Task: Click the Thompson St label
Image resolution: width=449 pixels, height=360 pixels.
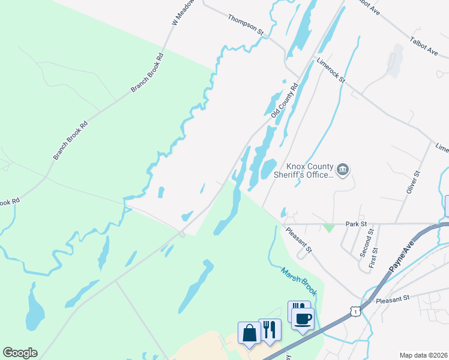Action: tap(246, 24)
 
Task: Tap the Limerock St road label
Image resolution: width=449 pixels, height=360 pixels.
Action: tap(331, 70)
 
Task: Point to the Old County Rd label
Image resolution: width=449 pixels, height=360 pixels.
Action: tap(285, 100)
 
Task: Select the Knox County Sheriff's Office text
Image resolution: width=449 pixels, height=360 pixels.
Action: tap(309, 171)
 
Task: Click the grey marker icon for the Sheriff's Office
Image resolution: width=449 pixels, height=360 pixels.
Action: tap(343, 170)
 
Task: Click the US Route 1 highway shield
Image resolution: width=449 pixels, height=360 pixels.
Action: tap(355, 311)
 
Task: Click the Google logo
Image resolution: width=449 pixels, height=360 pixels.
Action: tap(20, 353)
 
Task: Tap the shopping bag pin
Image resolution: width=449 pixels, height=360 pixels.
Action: tap(249, 332)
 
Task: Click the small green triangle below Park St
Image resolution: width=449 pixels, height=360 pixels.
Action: tap(328, 228)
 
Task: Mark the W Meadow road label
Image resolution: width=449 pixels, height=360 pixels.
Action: tap(176, 13)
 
